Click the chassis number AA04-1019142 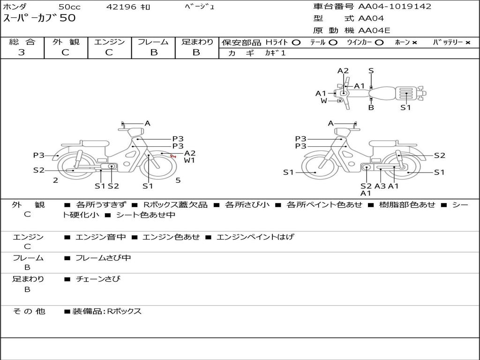click(395, 7)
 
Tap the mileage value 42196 click(121, 7)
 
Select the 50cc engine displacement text click(69, 7)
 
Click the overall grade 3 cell click(22, 52)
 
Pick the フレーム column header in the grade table click(153, 42)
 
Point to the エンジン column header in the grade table click(109, 42)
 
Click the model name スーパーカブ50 click(39, 18)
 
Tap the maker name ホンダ click(16, 7)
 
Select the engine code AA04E click(374, 31)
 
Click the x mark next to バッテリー click(468, 43)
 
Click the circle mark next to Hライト click(296, 43)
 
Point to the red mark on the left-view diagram click(173, 156)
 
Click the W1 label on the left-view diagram click(189, 160)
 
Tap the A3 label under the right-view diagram click(380, 186)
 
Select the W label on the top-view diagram click(324, 101)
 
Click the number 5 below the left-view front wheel click(178, 180)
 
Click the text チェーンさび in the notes click(98, 279)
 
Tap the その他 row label click(29, 311)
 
